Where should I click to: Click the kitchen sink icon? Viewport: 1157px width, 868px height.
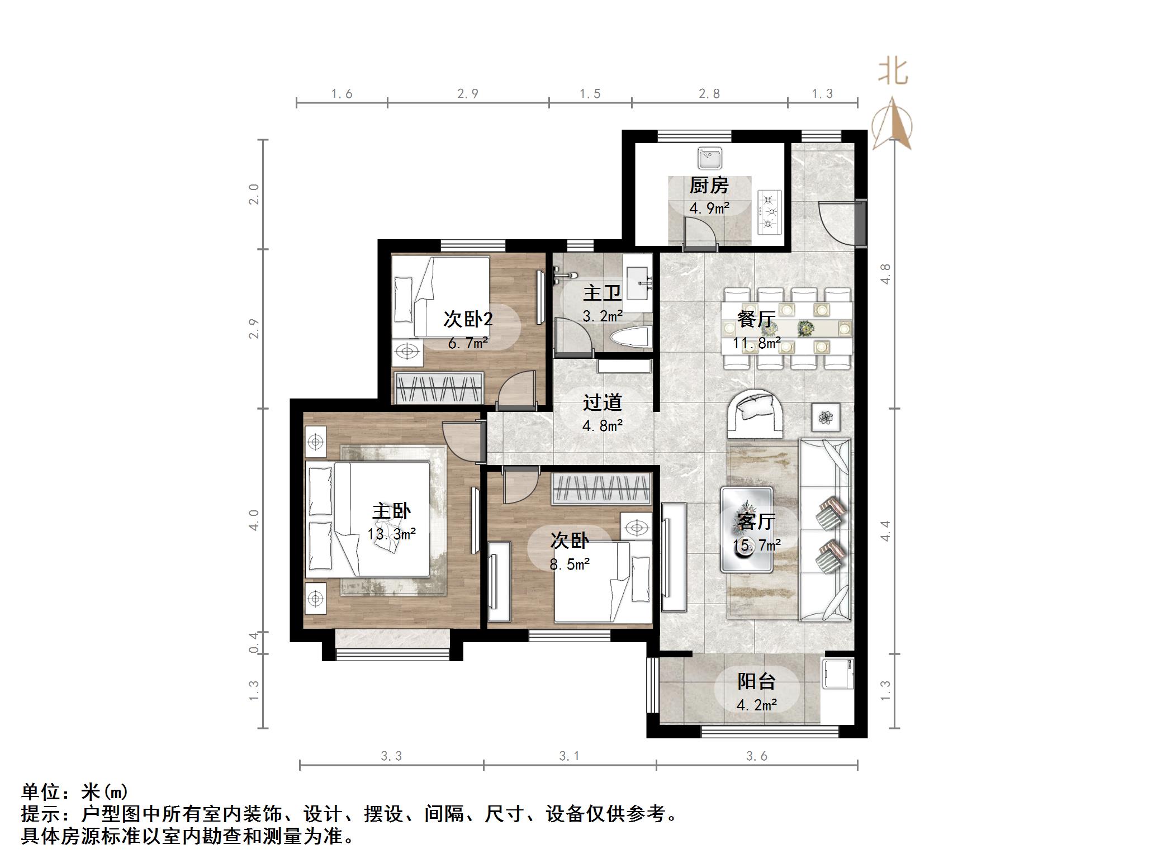(710, 158)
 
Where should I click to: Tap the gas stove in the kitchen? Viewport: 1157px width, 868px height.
(769, 212)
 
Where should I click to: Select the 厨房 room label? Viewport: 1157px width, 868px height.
(709, 185)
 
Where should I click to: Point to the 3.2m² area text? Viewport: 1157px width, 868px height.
(603, 316)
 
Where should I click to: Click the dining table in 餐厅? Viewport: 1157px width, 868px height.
(787, 328)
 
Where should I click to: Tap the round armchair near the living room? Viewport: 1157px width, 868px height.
(755, 414)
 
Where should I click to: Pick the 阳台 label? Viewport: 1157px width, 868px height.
(756, 681)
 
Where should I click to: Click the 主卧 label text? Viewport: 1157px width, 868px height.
(391, 511)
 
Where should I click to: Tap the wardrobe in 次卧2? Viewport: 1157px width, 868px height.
(438, 387)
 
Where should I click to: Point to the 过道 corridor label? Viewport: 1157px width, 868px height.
(602, 402)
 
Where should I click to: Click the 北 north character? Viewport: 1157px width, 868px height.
(893, 73)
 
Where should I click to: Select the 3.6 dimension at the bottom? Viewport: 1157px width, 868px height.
(756, 756)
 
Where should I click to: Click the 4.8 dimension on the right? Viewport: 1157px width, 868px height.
(885, 274)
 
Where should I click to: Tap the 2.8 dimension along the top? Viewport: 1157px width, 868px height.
(709, 93)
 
